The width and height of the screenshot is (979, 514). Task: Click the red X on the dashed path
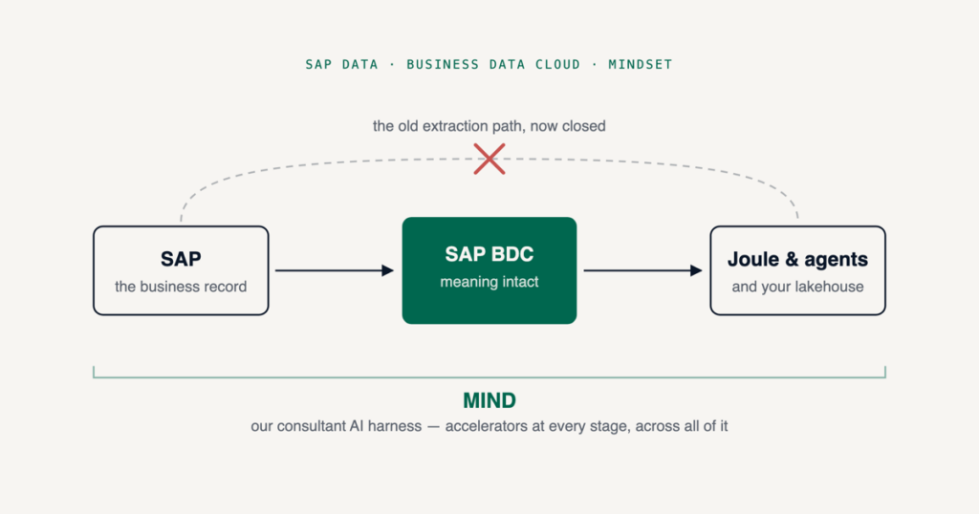click(x=489, y=159)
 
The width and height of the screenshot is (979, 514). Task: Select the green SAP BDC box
click(x=489, y=270)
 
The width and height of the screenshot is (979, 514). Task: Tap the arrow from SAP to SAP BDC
click(x=335, y=270)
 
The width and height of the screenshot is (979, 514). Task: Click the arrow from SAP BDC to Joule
click(x=643, y=270)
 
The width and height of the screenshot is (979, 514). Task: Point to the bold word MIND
click(x=489, y=400)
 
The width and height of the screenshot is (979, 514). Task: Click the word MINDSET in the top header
click(x=641, y=64)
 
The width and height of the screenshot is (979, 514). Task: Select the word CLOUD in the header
click(x=558, y=64)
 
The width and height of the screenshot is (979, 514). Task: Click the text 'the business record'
click(x=181, y=287)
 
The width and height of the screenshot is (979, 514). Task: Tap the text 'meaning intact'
click(x=489, y=282)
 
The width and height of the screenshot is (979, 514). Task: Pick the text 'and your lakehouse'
click(x=798, y=287)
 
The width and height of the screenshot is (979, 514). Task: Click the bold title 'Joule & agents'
click(x=797, y=259)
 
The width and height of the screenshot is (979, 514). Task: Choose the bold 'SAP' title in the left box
click(x=181, y=259)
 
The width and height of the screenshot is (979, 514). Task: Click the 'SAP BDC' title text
click(x=489, y=254)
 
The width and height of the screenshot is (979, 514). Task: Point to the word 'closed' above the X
click(x=584, y=126)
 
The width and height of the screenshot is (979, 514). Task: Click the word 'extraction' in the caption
click(x=455, y=126)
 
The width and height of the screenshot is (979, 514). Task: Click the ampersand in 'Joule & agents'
click(x=792, y=259)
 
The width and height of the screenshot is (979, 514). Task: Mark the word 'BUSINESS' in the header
click(x=443, y=64)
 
